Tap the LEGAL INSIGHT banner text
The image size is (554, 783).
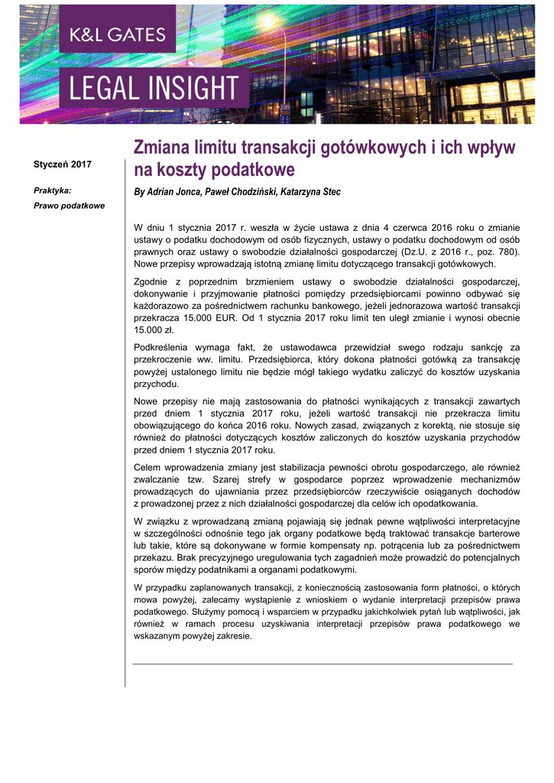click(154, 88)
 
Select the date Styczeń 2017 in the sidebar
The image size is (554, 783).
click(63, 165)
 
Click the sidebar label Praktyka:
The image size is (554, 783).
click(52, 191)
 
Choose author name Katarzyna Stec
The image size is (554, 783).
click(314, 192)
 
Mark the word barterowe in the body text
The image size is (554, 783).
click(495, 534)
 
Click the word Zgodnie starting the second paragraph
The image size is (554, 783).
click(153, 282)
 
